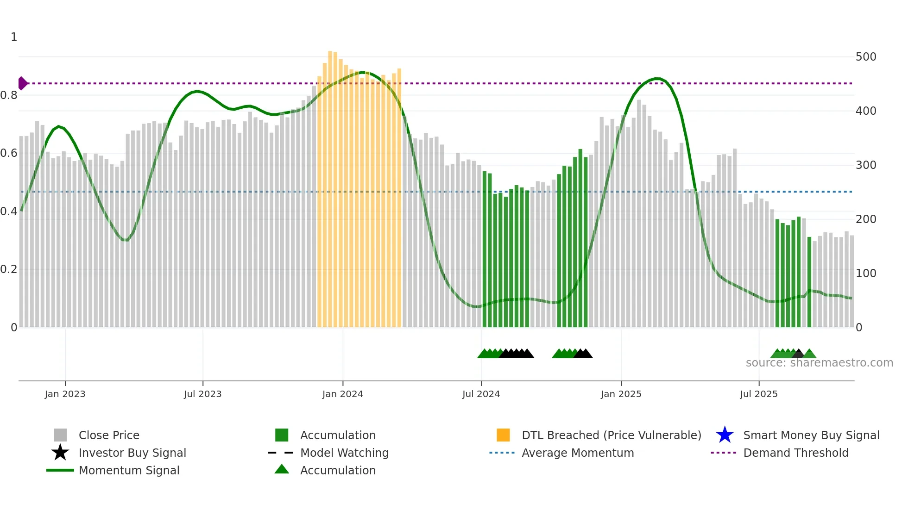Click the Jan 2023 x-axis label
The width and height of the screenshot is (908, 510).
coord(65,394)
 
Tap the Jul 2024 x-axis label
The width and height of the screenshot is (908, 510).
coord(481,394)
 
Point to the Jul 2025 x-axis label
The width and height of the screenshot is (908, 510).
coord(758,394)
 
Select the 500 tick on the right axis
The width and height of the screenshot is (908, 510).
coord(865,57)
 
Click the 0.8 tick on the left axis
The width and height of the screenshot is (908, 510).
coord(9,95)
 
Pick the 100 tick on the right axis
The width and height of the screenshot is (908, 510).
coord(865,274)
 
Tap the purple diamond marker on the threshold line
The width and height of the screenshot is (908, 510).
coord(22,83)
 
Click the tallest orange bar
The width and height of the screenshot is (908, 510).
coord(330,185)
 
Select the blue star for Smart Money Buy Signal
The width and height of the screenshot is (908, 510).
coord(725,435)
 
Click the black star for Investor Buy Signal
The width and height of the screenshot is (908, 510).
coord(60,453)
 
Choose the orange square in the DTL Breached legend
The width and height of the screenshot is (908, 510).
coord(503,435)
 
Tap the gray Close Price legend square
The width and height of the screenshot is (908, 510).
coord(60,435)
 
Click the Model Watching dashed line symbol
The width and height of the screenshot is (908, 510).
coord(281,453)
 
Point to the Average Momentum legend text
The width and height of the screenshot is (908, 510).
coord(578,453)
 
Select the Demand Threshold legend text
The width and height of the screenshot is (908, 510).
coord(795,453)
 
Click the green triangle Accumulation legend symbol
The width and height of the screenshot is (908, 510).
coord(282,470)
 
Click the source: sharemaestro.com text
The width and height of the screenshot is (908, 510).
coord(819,363)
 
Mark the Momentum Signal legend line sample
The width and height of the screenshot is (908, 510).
coord(60,470)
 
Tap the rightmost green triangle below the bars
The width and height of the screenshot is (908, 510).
coord(809,354)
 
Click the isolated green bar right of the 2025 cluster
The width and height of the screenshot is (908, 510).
coord(809,282)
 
